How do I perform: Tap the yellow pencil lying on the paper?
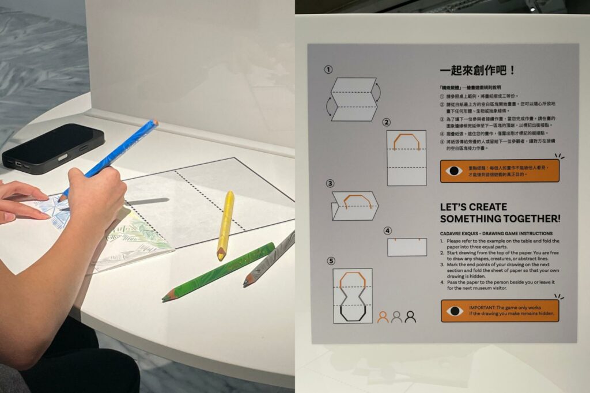[x=225, y=225]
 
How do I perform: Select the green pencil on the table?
[x=219, y=271]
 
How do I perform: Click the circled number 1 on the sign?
[x=328, y=70]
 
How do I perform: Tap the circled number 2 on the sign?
[x=387, y=122]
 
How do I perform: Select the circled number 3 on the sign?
[x=330, y=184]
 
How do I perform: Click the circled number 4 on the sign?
[x=387, y=231]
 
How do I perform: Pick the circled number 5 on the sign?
[x=331, y=261]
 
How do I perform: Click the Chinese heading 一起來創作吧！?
[x=478, y=71]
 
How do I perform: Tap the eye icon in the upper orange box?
[x=455, y=171]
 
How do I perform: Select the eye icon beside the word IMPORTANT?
[x=455, y=311]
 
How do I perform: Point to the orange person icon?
[x=383, y=317]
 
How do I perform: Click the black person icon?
[x=410, y=317]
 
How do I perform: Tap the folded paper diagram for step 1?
[x=354, y=100]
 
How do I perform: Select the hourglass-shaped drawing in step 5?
[x=352, y=296]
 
